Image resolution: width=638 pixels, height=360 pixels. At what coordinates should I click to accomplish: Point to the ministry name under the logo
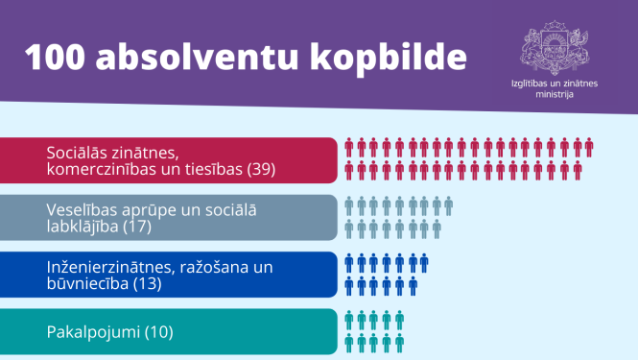(x=554, y=88)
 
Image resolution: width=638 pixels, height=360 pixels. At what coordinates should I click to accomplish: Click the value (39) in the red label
(x=261, y=169)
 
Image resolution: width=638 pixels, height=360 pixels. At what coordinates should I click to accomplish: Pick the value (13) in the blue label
(x=144, y=284)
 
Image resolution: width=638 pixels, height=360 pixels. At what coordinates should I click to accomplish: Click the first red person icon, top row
(x=349, y=147)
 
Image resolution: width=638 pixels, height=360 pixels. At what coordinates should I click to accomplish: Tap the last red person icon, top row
(x=588, y=147)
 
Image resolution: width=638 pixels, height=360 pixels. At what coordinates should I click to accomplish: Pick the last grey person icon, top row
(x=448, y=205)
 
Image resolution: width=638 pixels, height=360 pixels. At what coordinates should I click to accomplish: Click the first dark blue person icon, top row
(x=349, y=263)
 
